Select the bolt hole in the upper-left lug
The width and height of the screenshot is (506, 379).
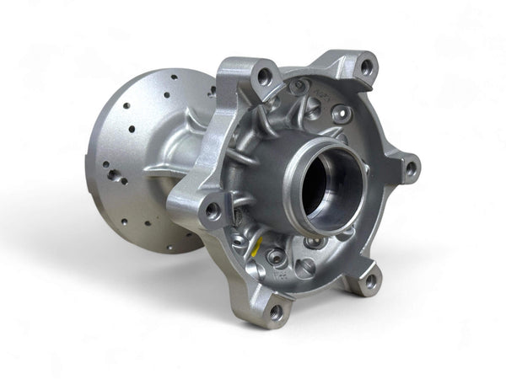[x=264, y=77]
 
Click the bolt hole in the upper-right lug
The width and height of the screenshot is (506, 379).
[x=366, y=64]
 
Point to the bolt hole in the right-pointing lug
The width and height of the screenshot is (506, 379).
[x=410, y=168]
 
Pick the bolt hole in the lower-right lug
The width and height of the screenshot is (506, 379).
[x=371, y=281]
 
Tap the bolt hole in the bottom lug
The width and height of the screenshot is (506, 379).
[x=275, y=312]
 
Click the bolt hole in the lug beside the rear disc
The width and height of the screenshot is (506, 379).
[x=213, y=210]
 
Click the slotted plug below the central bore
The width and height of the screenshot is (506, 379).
[x=305, y=268]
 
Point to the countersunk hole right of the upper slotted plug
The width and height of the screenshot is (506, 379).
[x=341, y=113]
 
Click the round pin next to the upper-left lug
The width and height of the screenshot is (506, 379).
[x=296, y=86]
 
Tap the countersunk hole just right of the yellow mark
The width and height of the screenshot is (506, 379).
[x=274, y=256]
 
